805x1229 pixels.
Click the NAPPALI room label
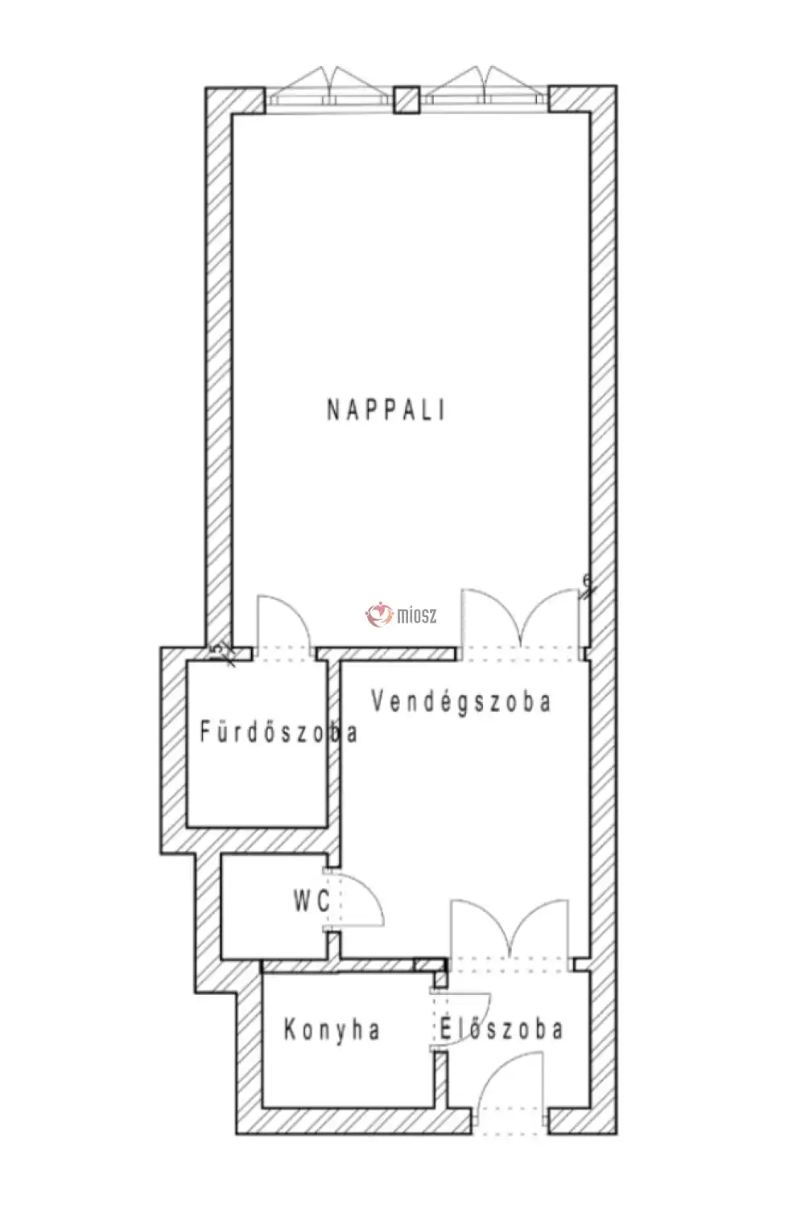386,410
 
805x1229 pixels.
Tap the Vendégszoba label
460,701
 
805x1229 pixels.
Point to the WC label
312,900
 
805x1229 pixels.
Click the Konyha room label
332,1030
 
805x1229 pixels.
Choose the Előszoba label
502,1030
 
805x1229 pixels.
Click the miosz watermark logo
402,615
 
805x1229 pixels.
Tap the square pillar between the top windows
407,101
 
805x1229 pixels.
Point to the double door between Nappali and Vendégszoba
521,620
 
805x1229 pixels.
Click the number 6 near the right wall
587,581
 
